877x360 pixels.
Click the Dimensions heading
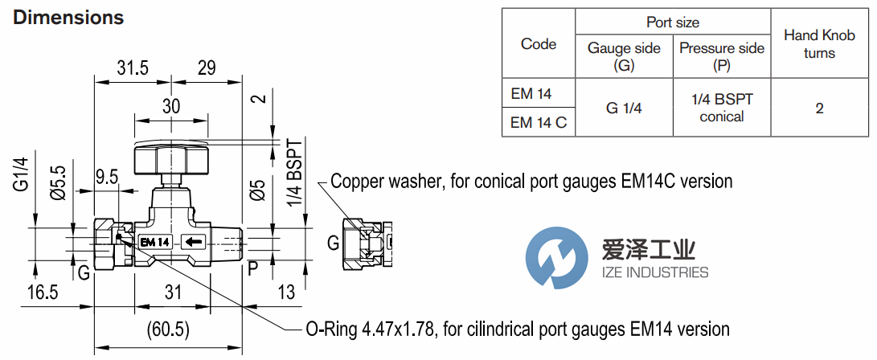68,17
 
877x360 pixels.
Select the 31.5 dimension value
133,68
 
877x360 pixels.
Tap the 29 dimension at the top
207,68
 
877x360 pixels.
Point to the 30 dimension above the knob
171,106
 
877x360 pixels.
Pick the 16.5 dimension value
42,293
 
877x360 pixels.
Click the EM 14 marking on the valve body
154,241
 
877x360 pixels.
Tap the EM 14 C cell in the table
538,123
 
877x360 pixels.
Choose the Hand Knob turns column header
819,44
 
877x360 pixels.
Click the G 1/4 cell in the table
624,108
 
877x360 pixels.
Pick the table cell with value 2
819,108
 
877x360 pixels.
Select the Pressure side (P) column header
721,56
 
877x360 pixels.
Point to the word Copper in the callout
359,182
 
